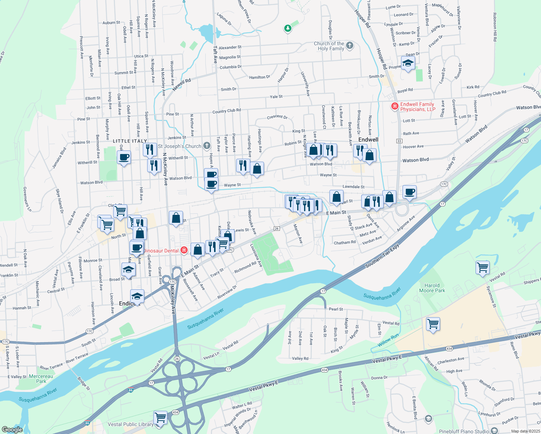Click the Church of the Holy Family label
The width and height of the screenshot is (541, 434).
click(329, 46)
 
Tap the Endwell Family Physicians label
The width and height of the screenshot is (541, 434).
click(417, 107)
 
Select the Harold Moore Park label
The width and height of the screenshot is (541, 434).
click(432, 288)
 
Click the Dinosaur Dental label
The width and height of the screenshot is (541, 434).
click(161, 251)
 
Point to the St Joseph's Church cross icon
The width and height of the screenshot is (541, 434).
click(206, 146)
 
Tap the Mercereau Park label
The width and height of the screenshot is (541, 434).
click(41, 379)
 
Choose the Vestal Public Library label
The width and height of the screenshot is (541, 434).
click(131, 424)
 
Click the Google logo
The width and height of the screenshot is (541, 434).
click(12, 430)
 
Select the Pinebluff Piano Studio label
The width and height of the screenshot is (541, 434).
click(464, 431)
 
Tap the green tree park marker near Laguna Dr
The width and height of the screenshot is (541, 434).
click(287, 28)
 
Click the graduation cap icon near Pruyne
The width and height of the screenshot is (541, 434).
click(408, 63)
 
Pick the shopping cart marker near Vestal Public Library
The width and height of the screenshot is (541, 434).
click(160, 417)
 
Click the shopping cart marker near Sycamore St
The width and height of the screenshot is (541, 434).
click(483, 268)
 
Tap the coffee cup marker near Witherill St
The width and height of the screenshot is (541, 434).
click(124, 157)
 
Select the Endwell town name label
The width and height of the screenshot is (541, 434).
click(368, 140)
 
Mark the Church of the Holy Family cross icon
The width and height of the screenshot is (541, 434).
click(349, 46)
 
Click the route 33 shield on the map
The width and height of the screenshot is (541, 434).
click(399, 141)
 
